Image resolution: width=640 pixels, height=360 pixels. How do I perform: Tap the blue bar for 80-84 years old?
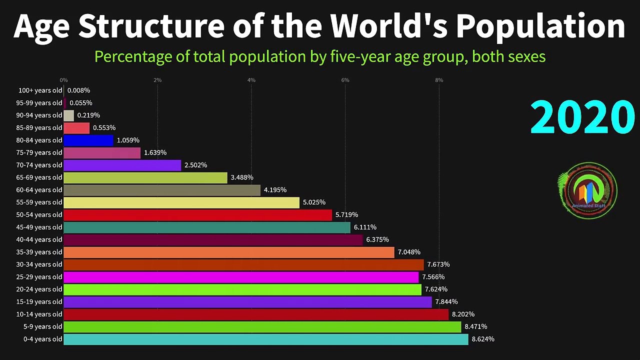tap(88, 140)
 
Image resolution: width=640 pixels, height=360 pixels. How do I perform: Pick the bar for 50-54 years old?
tap(198, 215)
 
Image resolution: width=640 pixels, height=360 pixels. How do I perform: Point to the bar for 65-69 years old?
tap(145, 177)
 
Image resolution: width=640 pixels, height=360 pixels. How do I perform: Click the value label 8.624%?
tap(483, 339)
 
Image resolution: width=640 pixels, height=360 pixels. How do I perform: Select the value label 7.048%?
tap(409, 252)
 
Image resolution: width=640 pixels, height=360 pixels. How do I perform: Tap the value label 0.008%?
tap(79, 90)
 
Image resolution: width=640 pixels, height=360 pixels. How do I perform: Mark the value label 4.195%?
tap(275, 190)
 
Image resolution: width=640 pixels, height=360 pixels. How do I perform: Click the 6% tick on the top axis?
tap(345, 80)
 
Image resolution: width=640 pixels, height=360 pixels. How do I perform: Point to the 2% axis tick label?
tap(157, 80)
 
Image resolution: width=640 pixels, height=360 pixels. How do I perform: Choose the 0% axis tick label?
tap(63, 80)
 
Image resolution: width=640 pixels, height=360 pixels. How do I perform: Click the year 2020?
tap(582, 118)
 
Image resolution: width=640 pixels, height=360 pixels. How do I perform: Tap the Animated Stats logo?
tap(588, 190)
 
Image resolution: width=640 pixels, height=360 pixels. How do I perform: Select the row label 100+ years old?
tap(40, 90)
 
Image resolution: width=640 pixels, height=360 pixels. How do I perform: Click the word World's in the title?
tap(385, 26)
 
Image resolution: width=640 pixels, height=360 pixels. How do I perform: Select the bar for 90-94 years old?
tap(69, 115)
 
